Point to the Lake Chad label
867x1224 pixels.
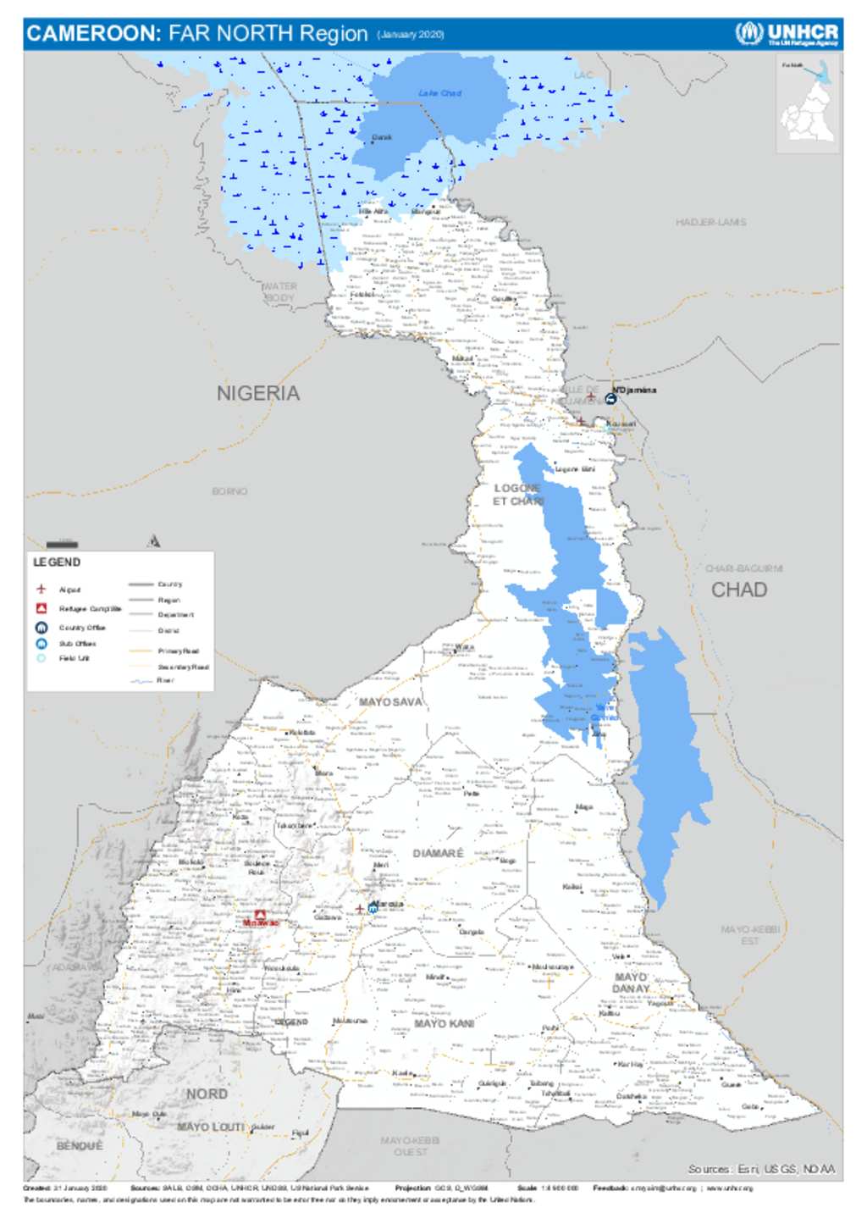pyautogui.click(x=439, y=93)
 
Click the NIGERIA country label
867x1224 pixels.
pyautogui.click(x=258, y=393)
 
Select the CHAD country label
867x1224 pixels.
pyautogui.click(x=739, y=590)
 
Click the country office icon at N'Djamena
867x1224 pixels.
pyautogui.click(x=610, y=397)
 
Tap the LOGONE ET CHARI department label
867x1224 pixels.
pyautogui.click(x=517, y=495)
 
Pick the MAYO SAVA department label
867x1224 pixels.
pyautogui.click(x=389, y=702)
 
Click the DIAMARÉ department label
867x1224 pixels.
pyautogui.click(x=438, y=853)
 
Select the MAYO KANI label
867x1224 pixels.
pyautogui.click(x=444, y=1024)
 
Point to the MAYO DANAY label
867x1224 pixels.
pyautogui.click(x=631, y=983)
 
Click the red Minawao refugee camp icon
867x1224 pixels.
pyautogui.click(x=261, y=915)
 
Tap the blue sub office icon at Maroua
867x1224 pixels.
pyautogui.click(x=373, y=908)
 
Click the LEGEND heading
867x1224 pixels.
pyautogui.click(x=57, y=562)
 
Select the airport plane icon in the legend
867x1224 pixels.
pyautogui.click(x=41, y=589)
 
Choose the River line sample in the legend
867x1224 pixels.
pyautogui.click(x=141, y=680)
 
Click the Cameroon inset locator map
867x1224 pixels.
pyautogui.click(x=809, y=106)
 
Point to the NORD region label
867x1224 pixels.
pyautogui.click(x=207, y=1094)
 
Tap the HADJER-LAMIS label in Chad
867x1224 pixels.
pyautogui.click(x=710, y=222)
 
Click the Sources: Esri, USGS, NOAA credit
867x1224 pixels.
pyautogui.click(x=760, y=1169)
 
